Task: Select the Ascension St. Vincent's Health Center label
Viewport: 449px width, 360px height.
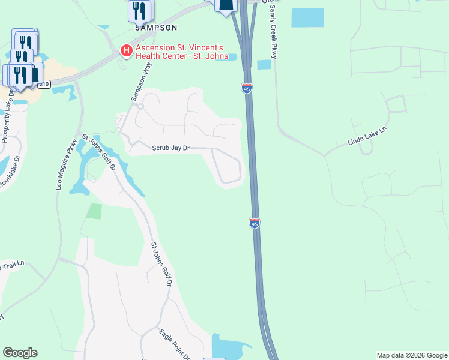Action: tap(181, 52)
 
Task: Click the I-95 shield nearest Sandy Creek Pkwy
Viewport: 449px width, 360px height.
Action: tap(247, 88)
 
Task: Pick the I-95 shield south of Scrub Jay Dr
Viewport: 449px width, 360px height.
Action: tap(255, 223)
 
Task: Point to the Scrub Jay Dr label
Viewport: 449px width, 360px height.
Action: tap(170, 148)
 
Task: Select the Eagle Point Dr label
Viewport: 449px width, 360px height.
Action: tap(174, 343)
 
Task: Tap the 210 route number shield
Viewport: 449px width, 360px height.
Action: tap(44, 85)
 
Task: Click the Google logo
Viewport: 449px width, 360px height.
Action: tap(20, 353)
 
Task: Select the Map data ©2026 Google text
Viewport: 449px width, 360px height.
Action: tap(411, 355)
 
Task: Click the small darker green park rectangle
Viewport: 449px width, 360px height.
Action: tap(94, 211)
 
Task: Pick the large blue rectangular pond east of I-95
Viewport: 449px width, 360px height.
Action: tap(307, 17)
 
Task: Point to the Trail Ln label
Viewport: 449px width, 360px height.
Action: tap(13, 265)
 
